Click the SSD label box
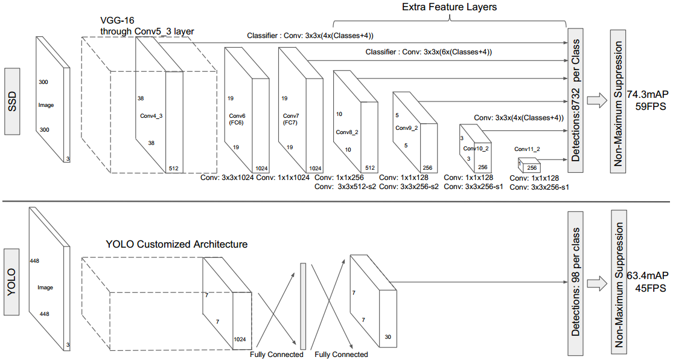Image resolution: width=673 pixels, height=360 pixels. tap(11, 100)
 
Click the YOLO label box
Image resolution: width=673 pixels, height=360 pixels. tap(11, 282)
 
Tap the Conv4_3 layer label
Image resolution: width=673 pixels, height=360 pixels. tap(152, 116)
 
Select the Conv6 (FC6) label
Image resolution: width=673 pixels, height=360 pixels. tap(237, 119)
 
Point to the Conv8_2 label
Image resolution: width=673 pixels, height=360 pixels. tap(347, 132)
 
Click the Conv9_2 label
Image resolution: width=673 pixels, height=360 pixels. tap(406, 127)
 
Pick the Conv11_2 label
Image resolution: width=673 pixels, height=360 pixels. tap(527, 149)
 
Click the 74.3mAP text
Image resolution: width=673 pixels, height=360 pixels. tap(647, 94)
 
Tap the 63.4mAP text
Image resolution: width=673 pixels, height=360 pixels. tap(647, 275)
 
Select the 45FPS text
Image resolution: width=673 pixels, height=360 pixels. tap(651, 288)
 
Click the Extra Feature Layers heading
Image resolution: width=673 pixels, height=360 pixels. tap(450, 7)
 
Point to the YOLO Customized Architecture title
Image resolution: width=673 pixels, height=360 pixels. tap(177, 245)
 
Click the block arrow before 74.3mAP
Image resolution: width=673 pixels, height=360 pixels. tap(597, 100)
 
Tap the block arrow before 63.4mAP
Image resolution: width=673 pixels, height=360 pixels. tap(597, 283)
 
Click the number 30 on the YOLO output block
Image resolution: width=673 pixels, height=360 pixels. tap(388, 337)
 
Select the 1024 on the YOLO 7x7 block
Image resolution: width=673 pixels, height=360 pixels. tap(240, 339)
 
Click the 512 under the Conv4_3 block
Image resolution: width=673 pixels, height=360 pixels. tap(173, 169)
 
